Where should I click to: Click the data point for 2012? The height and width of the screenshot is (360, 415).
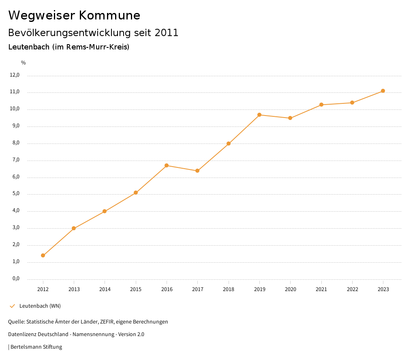pos(43,255)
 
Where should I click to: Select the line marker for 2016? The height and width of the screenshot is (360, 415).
pos(167,165)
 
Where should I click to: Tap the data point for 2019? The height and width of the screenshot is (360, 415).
pos(259,115)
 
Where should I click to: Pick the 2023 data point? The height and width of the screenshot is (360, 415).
pos(383,91)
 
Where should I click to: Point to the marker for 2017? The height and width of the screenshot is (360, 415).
pos(197,171)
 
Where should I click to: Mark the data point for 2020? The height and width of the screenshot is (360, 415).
pos(290,118)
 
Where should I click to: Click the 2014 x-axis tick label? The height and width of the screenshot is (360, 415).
pos(105,289)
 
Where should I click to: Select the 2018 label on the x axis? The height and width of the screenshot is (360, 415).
pos(229,289)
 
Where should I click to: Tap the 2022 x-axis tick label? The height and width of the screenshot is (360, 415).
pos(352,289)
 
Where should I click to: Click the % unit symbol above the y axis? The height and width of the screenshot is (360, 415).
pos(24,63)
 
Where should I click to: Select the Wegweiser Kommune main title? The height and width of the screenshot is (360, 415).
pos(74,15)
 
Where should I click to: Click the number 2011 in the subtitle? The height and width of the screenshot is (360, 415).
pos(167,33)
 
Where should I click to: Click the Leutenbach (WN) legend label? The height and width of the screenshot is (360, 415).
pos(40,306)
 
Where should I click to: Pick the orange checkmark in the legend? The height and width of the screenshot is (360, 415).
pos(12,306)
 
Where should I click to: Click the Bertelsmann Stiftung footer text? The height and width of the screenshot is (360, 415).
pos(36,347)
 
